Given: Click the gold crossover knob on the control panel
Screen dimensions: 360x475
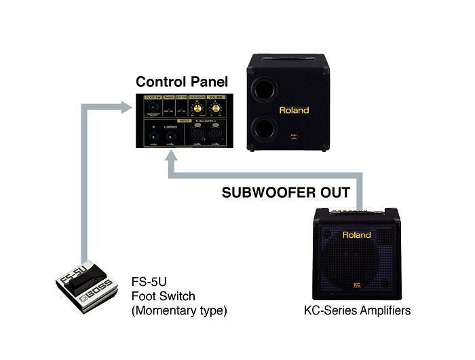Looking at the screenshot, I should coord(198,109).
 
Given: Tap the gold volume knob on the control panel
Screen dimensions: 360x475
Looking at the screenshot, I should coord(217,109).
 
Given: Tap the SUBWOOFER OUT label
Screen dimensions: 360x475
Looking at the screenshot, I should coord(286,193).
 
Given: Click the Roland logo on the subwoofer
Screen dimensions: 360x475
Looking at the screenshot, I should coord(293,110).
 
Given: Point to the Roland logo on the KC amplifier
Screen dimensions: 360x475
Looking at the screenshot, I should coord(356,235).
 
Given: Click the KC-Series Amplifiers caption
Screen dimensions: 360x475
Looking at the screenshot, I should coord(358,311).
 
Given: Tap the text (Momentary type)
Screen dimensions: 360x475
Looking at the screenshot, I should coord(178,311).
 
